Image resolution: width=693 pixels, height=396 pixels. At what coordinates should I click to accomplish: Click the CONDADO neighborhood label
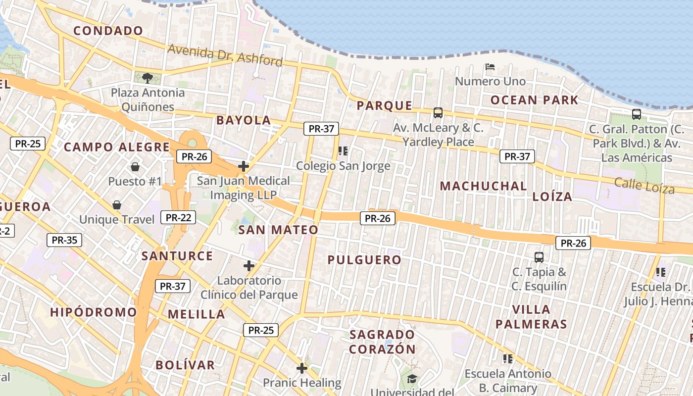(108, 31)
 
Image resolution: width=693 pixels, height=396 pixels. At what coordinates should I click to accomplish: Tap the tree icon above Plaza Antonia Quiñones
(147, 78)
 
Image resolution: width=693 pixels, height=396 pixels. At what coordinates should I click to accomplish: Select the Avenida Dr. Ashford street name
(225, 55)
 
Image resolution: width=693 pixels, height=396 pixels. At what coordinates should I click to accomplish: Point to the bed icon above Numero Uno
(490, 67)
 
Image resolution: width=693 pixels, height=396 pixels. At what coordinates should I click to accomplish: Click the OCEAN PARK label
(534, 100)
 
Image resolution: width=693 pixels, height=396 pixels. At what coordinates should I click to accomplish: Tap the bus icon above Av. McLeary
(438, 113)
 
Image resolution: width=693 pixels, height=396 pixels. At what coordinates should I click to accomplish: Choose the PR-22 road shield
(178, 217)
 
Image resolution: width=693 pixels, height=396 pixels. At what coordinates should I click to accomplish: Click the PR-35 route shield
(64, 240)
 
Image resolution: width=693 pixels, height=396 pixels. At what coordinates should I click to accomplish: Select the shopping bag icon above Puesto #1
(135, 167)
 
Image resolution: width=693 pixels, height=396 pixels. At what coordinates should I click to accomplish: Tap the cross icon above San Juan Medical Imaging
(243, 166)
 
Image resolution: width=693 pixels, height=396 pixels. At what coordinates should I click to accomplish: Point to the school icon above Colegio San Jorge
(343, 150)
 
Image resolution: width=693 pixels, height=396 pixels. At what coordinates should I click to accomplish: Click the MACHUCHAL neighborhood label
(483, 186)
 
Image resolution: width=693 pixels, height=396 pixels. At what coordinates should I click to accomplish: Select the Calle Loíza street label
(644, 185)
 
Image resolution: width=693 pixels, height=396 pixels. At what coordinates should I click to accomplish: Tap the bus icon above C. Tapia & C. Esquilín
(539, 257)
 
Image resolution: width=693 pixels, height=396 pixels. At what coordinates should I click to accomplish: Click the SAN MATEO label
(278, 230)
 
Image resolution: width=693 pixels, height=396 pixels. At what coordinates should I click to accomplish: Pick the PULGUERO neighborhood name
(364, 260)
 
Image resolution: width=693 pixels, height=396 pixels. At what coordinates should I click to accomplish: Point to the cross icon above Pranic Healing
(301, 368)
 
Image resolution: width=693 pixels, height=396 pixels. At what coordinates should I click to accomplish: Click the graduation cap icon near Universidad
(412, 379)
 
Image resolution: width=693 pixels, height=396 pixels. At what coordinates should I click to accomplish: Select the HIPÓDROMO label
(93, 312)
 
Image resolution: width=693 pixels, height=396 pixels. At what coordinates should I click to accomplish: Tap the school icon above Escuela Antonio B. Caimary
(507, 358)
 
